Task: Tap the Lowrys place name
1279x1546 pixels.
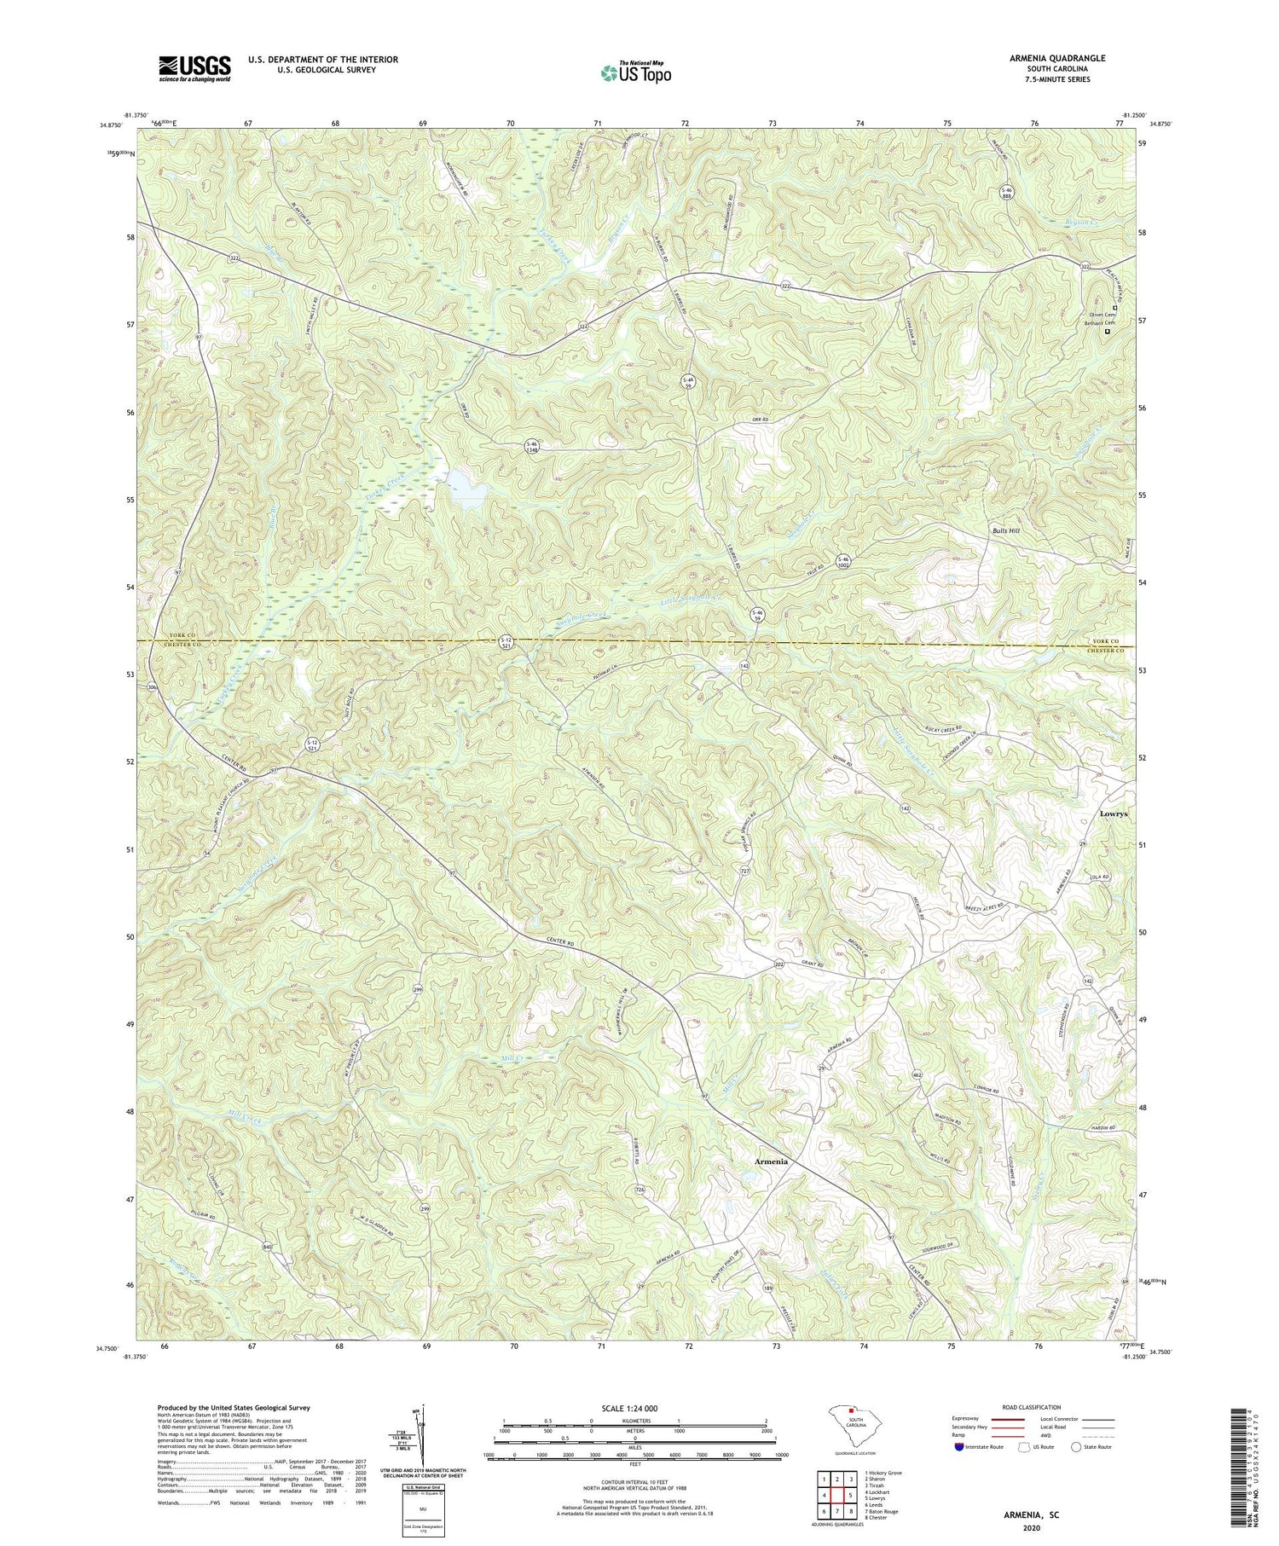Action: coord(1113,814)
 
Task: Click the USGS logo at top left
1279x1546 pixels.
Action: coord(194,68)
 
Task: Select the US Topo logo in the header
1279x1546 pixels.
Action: coord(635,73)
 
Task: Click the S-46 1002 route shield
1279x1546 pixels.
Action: coord(843,562)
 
